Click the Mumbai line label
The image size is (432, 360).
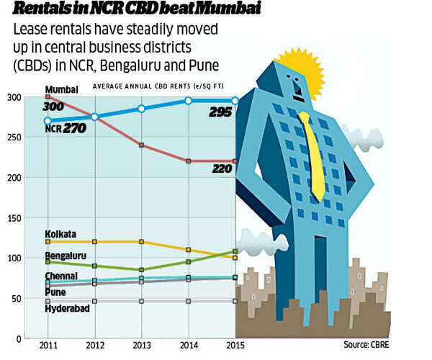[x=61, y=89]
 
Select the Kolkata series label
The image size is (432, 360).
[x=60, y=234]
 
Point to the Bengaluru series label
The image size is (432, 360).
[x=65, y=256]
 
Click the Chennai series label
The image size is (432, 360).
[x=61, y=276]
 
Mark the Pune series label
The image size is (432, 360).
[x=55, y=292]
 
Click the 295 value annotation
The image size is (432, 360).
[x=220, y=112]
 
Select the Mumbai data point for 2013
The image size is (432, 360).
[x=141, y=145]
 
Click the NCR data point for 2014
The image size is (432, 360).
[x=188, y=101]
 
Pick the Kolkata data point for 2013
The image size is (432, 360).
[x=141, y=242]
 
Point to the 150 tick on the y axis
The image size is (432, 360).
[x=14, y=217]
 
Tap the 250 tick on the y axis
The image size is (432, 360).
[x=14, y=138]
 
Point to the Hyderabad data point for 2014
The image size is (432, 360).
[x=188, y=301]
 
